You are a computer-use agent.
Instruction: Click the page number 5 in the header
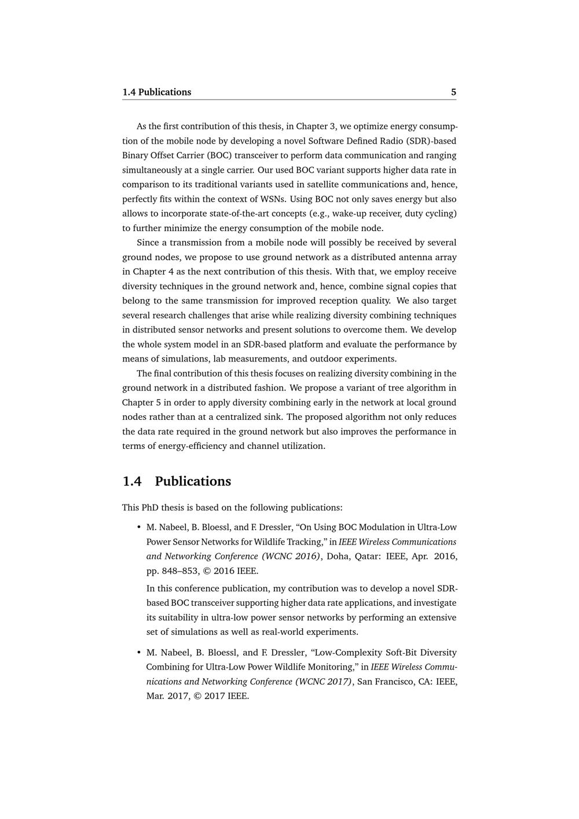pyautogui.click(x=453, y=92)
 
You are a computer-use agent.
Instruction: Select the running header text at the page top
pyautogui.click(x=156, y=92)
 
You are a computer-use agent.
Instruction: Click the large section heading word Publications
pyautogui.click(x=193, y=481)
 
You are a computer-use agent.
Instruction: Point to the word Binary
pyautogui.click(x=135, y=155)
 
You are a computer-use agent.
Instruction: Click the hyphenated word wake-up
pyautogui.click(x=349, y=213)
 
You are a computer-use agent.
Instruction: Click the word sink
pyautogui.click(x=271, y=417)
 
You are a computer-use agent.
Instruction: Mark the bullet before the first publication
pyautogui.click(x=138, y=527)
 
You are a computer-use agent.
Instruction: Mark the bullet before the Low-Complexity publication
pyautogui.click(x=138, y=652)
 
